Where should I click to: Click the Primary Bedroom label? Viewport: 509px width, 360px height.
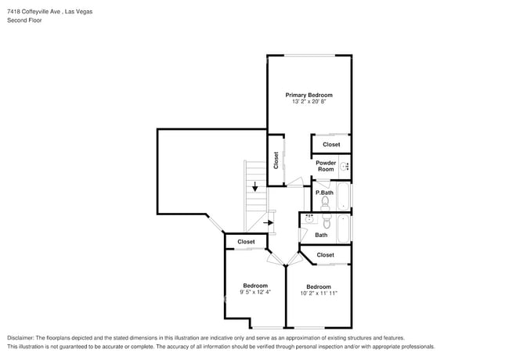(309, 95)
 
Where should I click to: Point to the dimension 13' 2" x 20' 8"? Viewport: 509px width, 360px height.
(309, 102)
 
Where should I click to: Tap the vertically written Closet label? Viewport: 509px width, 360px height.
(276, 160)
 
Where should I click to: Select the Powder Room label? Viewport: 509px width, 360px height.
(326, 166)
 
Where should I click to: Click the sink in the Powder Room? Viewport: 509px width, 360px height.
(345, 167)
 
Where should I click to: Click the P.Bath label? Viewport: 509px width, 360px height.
(324, 193)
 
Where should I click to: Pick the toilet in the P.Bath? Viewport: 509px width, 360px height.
(325, 203)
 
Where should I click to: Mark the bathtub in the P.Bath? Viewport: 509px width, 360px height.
(343, 196)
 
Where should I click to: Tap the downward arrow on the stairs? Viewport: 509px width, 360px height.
(255, 186)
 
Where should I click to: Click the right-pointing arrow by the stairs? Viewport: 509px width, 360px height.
(268, 223)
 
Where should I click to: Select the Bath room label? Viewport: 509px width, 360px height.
(321, 235)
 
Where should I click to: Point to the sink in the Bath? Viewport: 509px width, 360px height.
(309, 219)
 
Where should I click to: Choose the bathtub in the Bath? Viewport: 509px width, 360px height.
(343, 229)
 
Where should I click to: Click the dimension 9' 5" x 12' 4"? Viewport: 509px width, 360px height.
(255, 292)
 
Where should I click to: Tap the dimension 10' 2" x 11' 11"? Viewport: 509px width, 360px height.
(319, 293)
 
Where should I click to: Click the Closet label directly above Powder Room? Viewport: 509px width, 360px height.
(331, 145)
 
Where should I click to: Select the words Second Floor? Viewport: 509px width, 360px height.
(25, 20)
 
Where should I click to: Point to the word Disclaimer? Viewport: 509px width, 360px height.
(20, 338)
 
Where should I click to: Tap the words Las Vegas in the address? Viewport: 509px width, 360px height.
(78, 12)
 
